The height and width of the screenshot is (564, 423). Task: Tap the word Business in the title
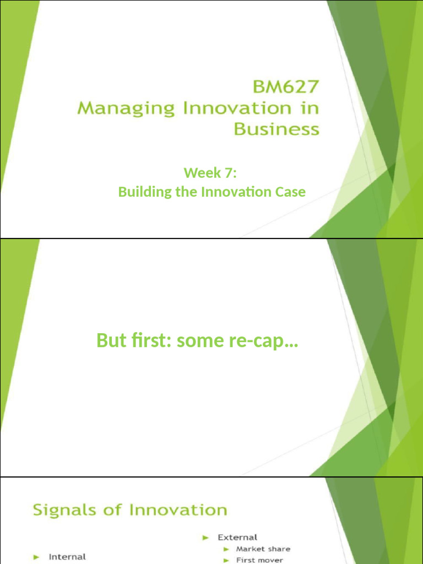276,129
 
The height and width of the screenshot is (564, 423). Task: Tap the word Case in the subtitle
290,192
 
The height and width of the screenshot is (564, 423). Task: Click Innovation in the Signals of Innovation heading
178,510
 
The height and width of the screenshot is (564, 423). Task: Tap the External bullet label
237,537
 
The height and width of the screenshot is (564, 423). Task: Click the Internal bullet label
67,557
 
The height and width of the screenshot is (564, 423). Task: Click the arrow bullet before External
205,537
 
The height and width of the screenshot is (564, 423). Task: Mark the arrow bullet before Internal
36,557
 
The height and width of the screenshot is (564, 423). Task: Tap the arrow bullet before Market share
226,549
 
